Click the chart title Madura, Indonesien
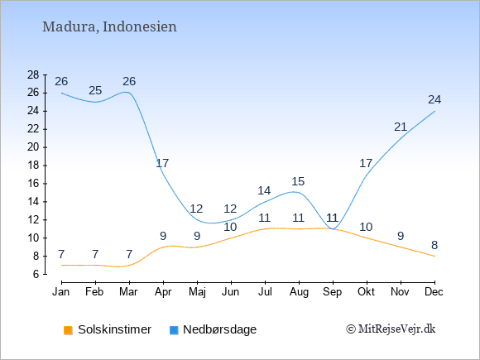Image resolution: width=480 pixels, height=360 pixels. pyautogui.click(x=109, y=26)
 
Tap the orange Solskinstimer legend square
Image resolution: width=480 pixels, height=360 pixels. pyautogui.click(x=68, y=330)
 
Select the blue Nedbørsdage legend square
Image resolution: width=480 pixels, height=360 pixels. pyautogui.click(x=174, y=330)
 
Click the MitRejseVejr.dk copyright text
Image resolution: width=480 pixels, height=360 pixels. pyautogui.click(x=391, y=329)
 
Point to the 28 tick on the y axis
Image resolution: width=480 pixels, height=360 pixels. pyautogui.click(x=33, y=74)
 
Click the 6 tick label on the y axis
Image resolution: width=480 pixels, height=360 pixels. pyautogui.click(x=36, y=274)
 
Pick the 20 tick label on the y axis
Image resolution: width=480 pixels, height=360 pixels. pyautogui.click(x=33, y=147)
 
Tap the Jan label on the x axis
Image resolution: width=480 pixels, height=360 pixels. pyautogui.click(x=61, y=292)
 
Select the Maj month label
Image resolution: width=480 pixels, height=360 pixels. pyautogui.click(x=197, y=292)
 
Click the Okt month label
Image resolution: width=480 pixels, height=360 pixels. pyautogui.click(x=366, y=292)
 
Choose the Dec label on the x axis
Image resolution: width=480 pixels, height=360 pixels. pyautogui.click(x=434, y=292)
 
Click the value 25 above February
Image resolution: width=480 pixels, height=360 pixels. pyautogui.click(x=95, y=90)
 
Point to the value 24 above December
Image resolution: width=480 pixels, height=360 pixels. pyautogui.click(x=434, y=100)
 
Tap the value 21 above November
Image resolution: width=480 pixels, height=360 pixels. pyautogui.click(x=401, y=127)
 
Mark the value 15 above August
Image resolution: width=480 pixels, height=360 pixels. pyautogui.click(x=298, y=181)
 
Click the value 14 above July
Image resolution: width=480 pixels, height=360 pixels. pyautogui.click(x=264, y=190)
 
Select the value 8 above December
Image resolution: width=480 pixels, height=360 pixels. pyautogui.click(x=434, y=245)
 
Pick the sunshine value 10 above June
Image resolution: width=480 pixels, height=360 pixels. pyautogui.click(x=230, y=227)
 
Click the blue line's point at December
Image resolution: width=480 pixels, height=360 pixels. pyautogui.click(x=434, y=111)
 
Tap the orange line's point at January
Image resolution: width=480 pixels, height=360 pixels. pyautogui.click(x=61, y=265)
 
